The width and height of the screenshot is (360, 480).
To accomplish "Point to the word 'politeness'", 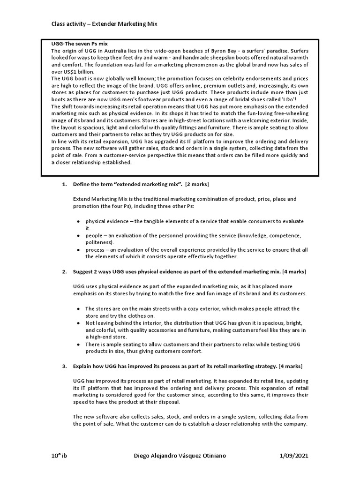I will click(99, 242).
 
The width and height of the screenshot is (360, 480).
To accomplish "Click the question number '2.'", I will click(65, 272).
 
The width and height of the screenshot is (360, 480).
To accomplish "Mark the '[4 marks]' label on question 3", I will click(291, 366).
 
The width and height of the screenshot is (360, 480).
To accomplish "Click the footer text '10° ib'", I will click(60, 456).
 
